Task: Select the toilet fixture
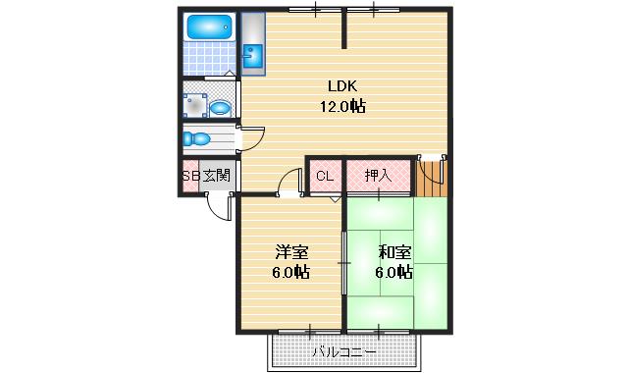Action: pyautogui.click(x=198, y=139)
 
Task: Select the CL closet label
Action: pyautogui.click(x=324, y=176)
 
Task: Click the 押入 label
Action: pyautogui.click(x=378, y=176)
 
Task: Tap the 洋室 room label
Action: pyautogui.click(x=290, y=251)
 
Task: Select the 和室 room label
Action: pyautogui.click(x=394, y=251)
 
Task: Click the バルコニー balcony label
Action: pyautogui.click(x=344, y=350)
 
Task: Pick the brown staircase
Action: pyautogui.click(x=431, y=178)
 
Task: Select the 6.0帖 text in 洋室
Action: pyautogui.click(x=290, y=272)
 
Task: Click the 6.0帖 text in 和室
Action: pyautogui.click(x=394, y=272)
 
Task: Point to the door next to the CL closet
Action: pyautogui.click(x=289, y=184)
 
